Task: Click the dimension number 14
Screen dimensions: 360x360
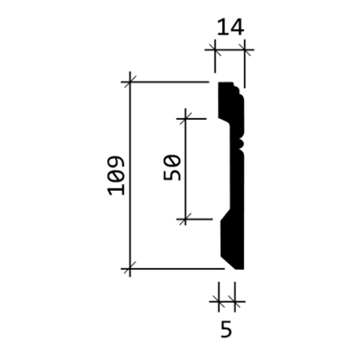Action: pyautogui.click(x=230, y=27)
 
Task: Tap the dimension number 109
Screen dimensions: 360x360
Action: pyautogui.click(x=115, y=175)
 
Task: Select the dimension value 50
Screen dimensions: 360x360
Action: pyautogui.click(x=172, y=168)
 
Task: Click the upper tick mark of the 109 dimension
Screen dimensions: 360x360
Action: pyautogui.click(x=130, y=82)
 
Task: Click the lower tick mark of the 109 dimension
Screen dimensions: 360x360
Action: pyautogui.click(x=130, y=268)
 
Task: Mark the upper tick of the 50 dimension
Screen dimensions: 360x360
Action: pyautogui.click(x=185, y=118)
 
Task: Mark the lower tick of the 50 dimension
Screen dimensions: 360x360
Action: pyautogui.click(x=185, y=219)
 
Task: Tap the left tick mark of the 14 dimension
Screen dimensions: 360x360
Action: pyautogui.click(x=215, y=50)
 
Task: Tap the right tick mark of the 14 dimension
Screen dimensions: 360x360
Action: pyautogui.click(x=245, y=50)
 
